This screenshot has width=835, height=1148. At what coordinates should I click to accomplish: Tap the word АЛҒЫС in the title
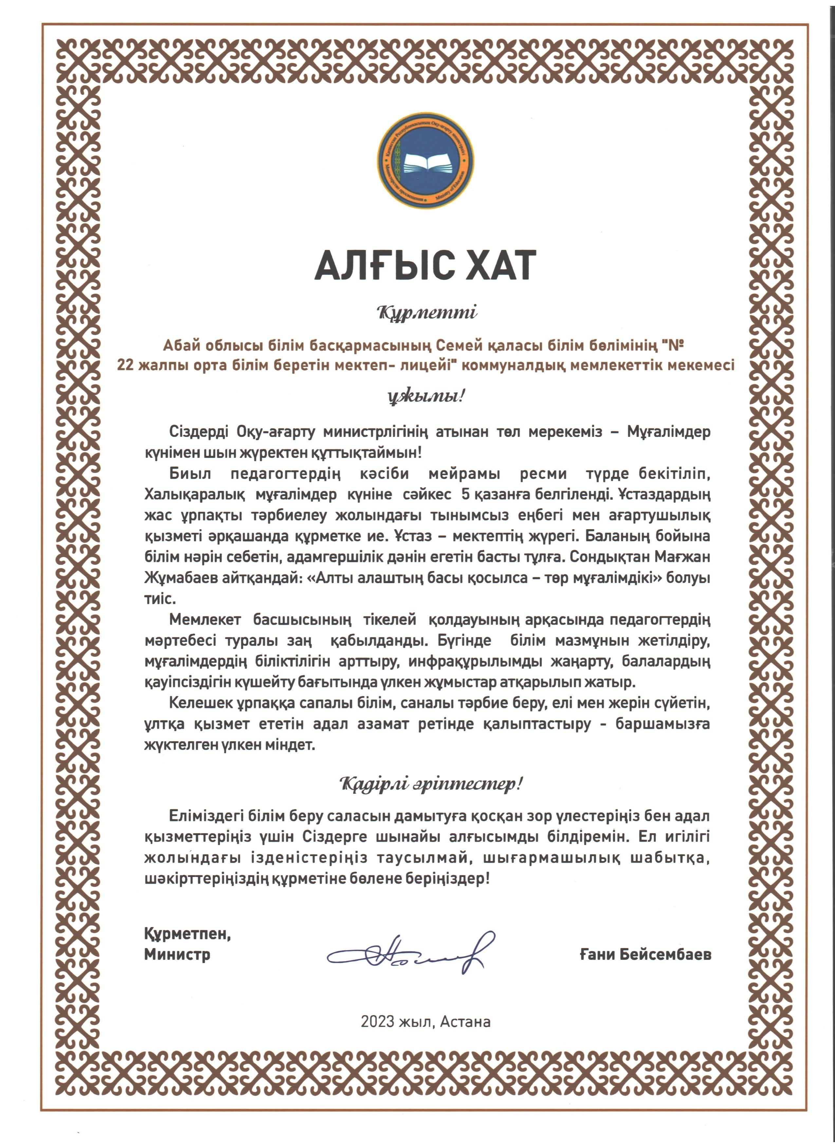(385, 265)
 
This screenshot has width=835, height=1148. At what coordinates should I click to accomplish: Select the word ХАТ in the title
(501, 265)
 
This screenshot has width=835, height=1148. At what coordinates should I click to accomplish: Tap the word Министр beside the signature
(177, 955)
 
